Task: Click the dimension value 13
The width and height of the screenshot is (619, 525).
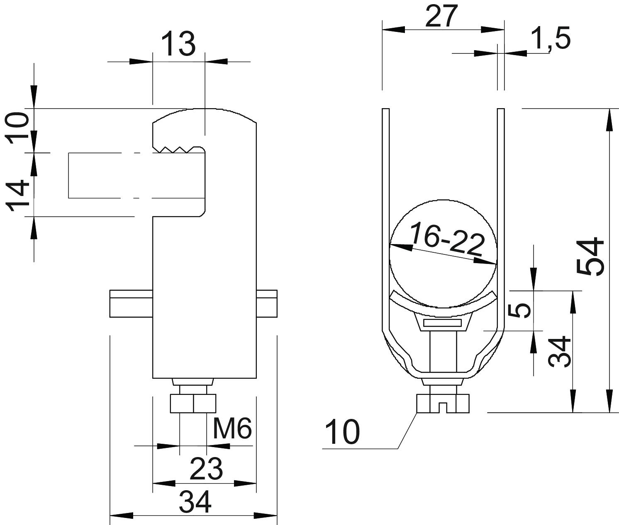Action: [x=179, y=44]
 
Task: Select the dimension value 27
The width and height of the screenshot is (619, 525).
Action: [x=442, y=16]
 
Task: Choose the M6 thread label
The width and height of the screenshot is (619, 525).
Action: [x=232, y=429]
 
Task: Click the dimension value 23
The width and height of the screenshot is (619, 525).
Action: [x=206, y=469]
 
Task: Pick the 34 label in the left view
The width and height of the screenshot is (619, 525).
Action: [x=195, y=503]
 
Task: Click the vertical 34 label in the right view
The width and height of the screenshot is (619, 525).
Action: [x=559, y=351]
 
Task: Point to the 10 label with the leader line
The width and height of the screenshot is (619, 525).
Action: [x=342, y=432]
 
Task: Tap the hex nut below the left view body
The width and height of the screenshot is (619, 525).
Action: [x=193, y=403]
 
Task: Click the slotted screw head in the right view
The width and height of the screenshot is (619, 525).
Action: [x=443, y=404]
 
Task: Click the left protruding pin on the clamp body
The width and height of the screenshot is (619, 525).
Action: [x=131, y=304]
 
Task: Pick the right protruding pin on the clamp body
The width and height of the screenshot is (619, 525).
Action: [x=267, y=304]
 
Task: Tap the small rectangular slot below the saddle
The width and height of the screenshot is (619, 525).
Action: [x=442, y=323]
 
